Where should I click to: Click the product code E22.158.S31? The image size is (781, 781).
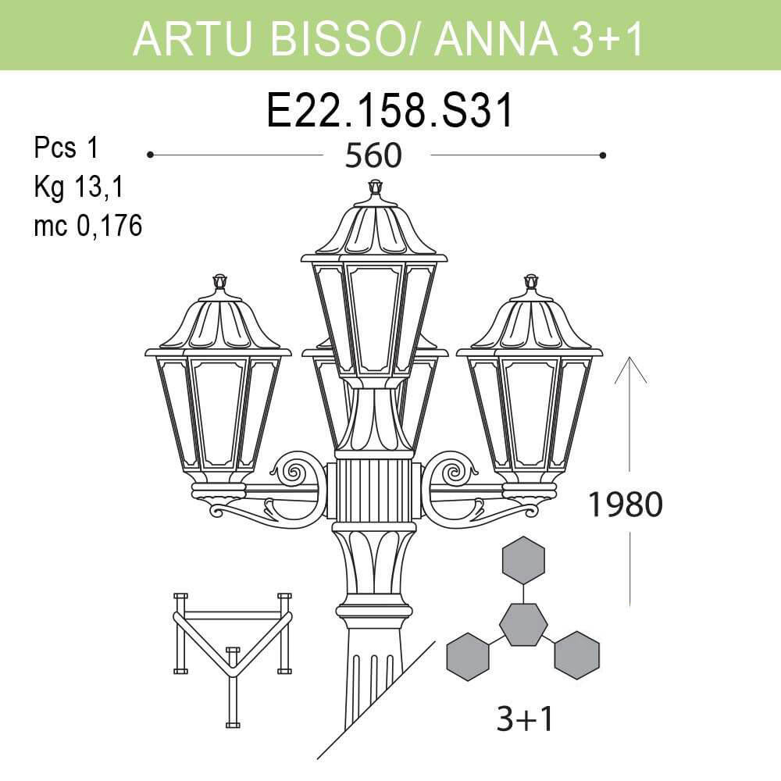(390, 111)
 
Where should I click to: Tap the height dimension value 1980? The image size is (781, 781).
(624, 505)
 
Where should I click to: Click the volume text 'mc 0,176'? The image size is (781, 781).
(87, 226)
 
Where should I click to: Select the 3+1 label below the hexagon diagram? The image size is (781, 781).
(525, 719)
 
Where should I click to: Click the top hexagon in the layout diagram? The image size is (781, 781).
(522, 561)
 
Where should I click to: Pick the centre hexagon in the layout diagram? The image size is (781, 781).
(522, 624)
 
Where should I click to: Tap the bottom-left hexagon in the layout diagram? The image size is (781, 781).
(467, 657)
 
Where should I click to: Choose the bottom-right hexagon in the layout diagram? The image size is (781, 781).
(576, 654)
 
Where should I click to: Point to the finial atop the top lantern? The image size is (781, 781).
(375, 187)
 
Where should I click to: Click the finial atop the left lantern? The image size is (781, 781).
(219, 281)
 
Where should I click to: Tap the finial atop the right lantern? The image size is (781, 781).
(531, 281)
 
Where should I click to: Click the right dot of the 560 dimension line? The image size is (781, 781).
(602, 155)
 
